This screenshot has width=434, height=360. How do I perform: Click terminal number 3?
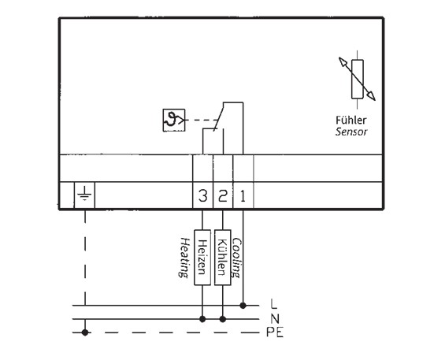click(x=202, y=196)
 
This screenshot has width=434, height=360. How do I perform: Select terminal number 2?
click(x=223, y=196)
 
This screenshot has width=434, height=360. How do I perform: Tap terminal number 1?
click(x=243, y=196)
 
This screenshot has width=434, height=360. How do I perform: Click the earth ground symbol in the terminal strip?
click(x=84, y=194)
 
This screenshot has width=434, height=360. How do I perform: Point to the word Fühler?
click(x=351, y=120)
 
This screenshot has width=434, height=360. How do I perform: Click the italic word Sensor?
click(x=351, y=132)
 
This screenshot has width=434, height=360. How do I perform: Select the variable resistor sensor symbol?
click(x=358, y=79)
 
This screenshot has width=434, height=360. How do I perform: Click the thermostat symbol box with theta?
click(x=174, y=120)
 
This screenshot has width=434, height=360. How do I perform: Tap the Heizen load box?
click(x=202, y=258)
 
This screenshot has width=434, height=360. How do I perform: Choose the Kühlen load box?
click(x=223, y=258)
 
